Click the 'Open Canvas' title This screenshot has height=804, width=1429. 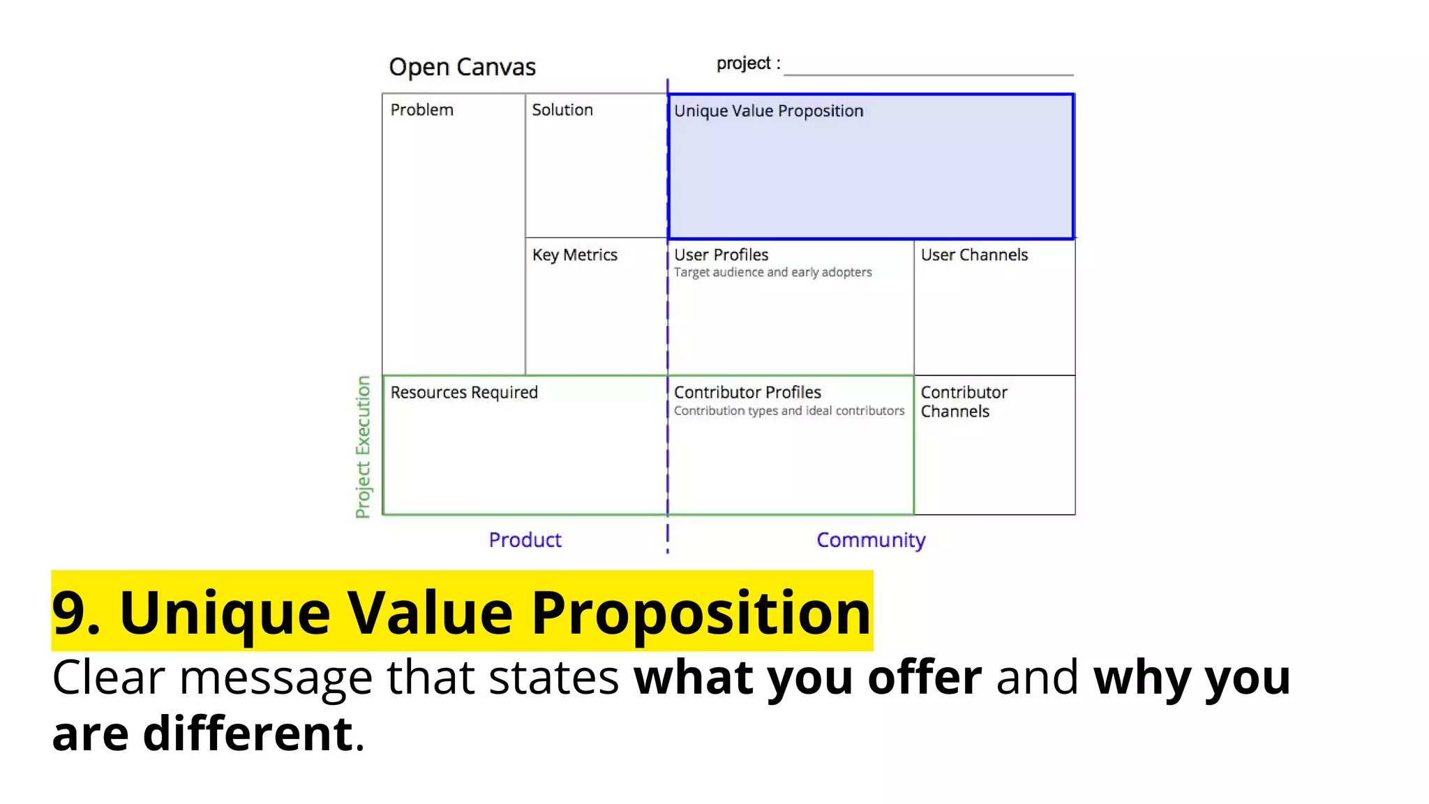pos(462,67)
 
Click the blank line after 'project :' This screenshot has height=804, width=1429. pos(928,70)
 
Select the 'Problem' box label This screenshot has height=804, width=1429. pos(421,110)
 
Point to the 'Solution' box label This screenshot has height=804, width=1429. pos(562,110)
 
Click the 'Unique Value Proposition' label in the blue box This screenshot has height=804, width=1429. pos(768,111)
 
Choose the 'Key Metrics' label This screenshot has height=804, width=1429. pos(575,255)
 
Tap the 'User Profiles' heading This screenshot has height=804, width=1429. pos(721,255)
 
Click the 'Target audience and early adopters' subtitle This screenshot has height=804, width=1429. pos(772,272)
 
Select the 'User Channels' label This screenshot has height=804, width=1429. pos(974,255)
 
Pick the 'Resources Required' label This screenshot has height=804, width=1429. pos(464,392)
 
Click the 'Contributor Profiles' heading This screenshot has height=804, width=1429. pos(747,392)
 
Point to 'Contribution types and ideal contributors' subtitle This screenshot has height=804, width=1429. pos(788,411)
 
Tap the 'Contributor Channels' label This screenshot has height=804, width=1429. pos(964,402)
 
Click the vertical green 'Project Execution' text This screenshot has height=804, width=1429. pos(363,447)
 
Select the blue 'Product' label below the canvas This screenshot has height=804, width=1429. pos(525,540)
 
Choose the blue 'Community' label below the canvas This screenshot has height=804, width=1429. pos(871,540)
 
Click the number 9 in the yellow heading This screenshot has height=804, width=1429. pos(68,613)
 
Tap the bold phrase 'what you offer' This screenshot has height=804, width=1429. pos(807,677)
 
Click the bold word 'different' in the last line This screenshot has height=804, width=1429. pos(248,734)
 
